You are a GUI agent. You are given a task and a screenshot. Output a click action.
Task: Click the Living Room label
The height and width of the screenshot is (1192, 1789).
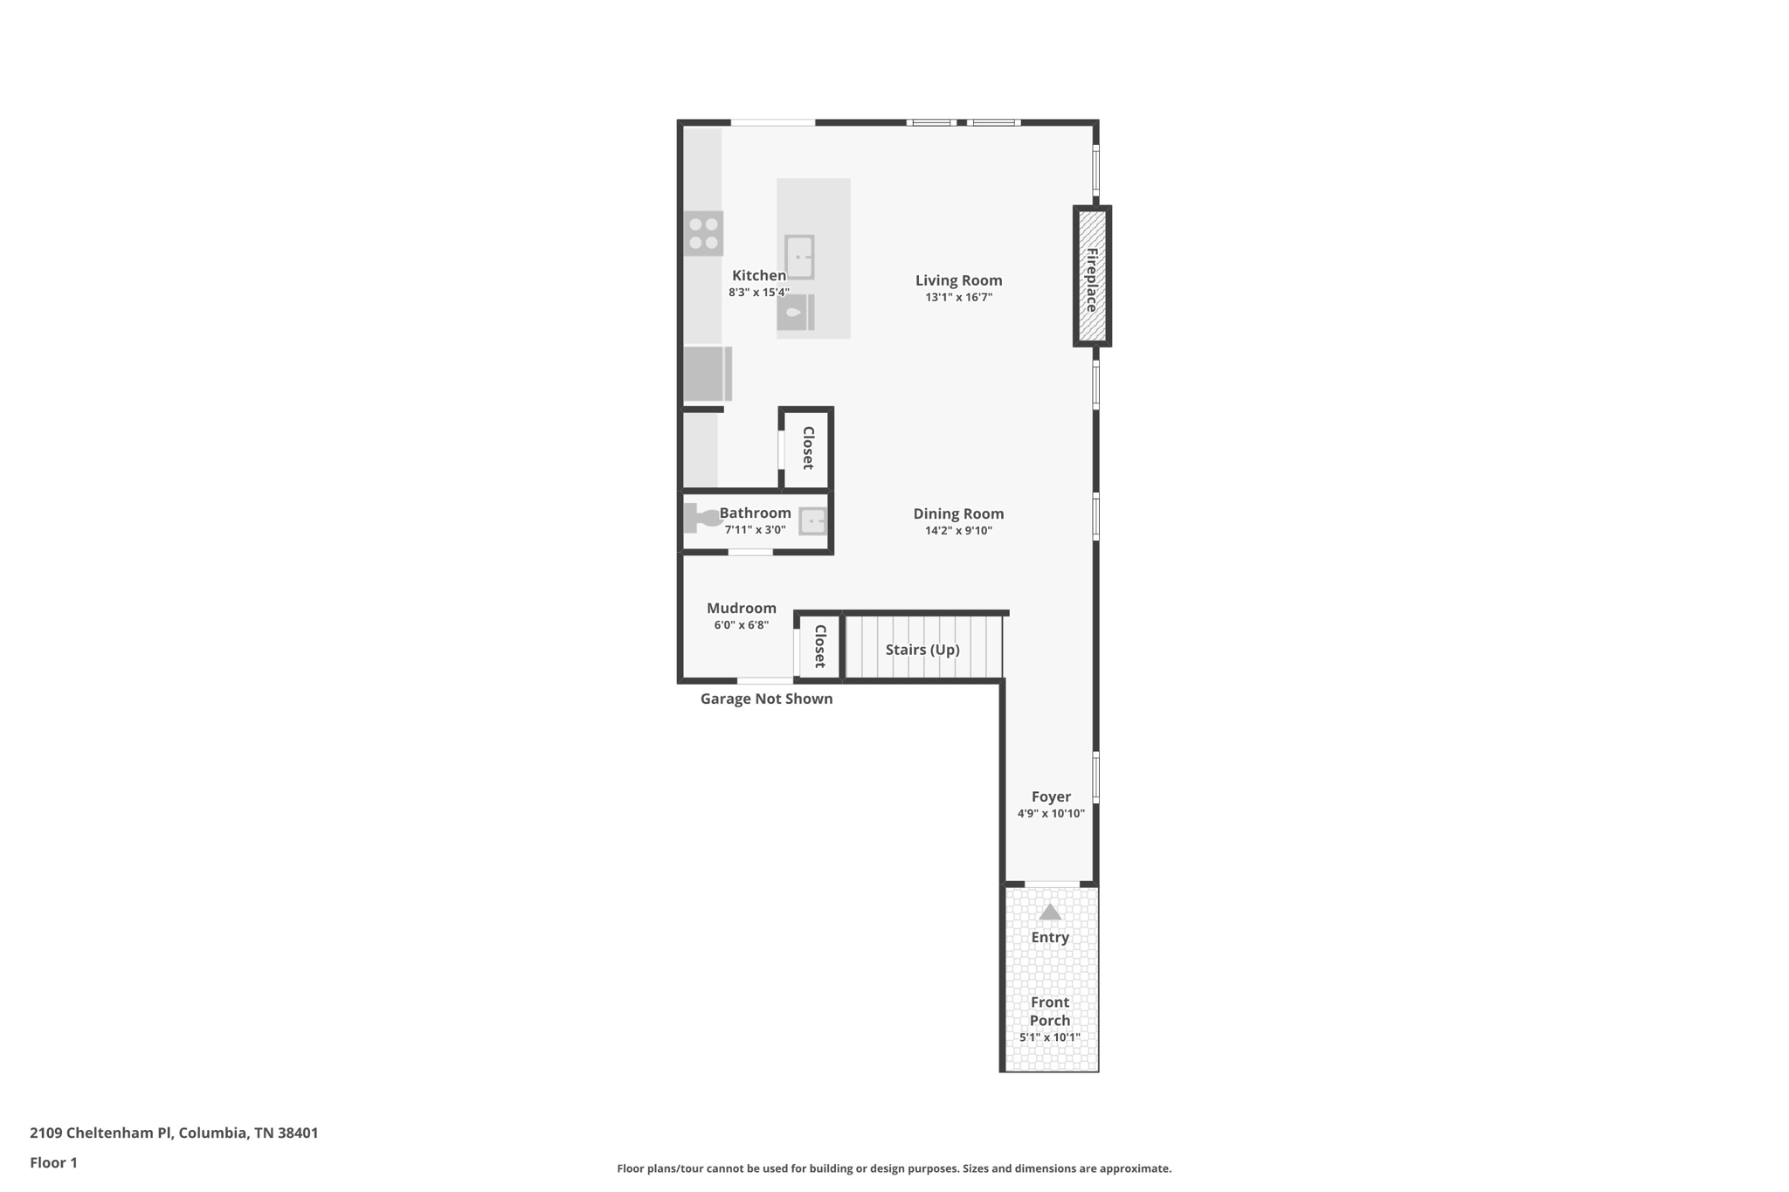pyautogui.click(x=958, y=280)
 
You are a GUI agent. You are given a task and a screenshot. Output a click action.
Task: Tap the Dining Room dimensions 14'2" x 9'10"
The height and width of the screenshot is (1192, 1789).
pyautogui.click(x=958, y=531)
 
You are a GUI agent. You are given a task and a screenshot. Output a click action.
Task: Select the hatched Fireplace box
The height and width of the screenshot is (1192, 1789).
pyautogui.click(x=1092, y=276)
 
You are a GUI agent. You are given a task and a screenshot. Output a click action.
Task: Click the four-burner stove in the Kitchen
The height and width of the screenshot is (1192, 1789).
pyautogui.click(x=703, y=233)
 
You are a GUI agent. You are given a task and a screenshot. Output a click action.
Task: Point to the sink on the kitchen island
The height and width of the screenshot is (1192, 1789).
pyautogui.click(x=799, y=257)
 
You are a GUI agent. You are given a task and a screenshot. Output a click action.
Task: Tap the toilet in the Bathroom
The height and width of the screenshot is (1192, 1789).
pyautogui.click(x=701, y=518)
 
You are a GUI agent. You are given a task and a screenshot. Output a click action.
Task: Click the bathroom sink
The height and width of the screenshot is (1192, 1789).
pyautogui.click(x=812, y=521)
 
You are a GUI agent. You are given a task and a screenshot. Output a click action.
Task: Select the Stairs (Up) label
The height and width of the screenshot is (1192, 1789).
pyautogui.click(x=922, y=650)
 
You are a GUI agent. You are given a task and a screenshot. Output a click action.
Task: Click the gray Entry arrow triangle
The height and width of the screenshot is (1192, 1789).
pyautogui.click(x=1050, y=912)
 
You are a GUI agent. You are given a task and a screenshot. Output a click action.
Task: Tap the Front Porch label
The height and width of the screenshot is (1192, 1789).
pyautogui.click(x=1050, y=1011)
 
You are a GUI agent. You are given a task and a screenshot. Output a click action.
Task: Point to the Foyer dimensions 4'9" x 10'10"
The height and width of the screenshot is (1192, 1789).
pyautogui.click(x=1051, y=814)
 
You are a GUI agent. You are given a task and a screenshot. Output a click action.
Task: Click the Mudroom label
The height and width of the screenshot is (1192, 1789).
pyautogui.click(x=742, y=609)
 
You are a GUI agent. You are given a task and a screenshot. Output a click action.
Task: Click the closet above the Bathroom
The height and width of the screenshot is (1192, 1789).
pyautogui.click(x=806, y=448)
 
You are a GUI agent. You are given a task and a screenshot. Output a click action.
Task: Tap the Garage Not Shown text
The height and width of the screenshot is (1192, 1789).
pyautogui.click(x=766, y=699)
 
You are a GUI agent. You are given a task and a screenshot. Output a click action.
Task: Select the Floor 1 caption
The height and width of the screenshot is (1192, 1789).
pyautogui.click(x=53, y=1162)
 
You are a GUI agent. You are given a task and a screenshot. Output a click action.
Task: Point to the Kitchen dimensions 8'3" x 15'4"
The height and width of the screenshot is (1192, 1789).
pyautogui.click(x=759, y=293)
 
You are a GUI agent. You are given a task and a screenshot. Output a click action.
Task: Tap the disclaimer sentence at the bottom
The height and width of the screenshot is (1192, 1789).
pyautogui.click(x=894, y=1168)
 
